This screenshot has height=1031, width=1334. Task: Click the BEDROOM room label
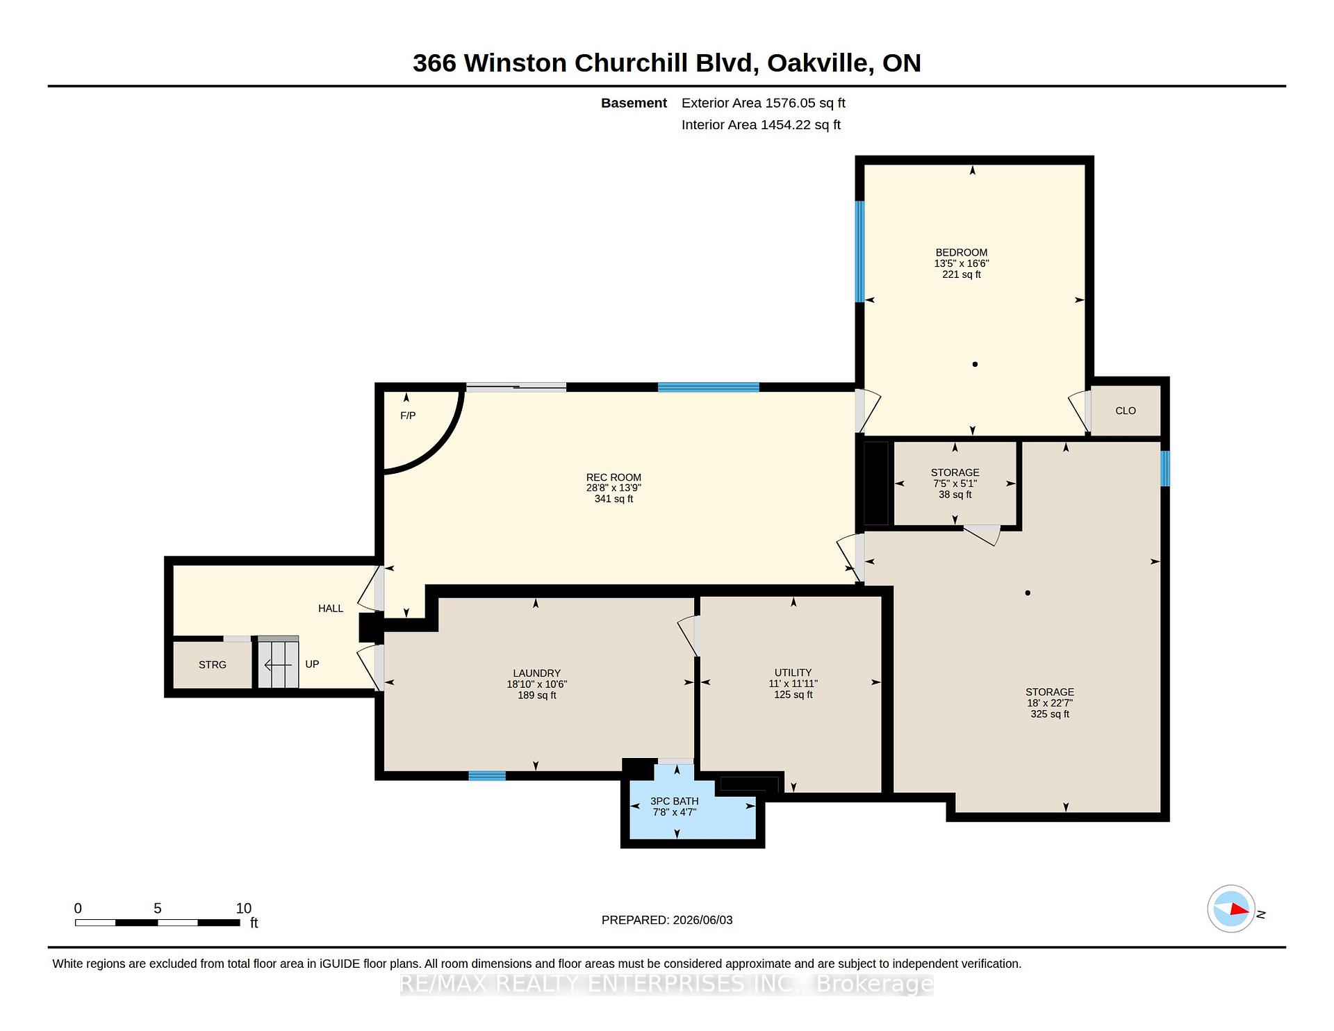click(961, 253)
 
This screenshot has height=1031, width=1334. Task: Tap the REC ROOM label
click(614, 477)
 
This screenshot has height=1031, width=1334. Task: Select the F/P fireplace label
click(408, 415)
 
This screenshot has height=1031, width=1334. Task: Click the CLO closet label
click(1126, 411)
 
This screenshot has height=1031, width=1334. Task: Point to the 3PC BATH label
click(675, 801)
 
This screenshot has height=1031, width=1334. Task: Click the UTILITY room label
click(793, 673)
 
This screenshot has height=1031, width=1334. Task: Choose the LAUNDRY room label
click(536, 673)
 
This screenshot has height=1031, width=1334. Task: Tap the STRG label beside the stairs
click(213, 665)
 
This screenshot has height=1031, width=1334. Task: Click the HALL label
click(331, 609)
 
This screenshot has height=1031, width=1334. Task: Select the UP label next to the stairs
click(312, 664)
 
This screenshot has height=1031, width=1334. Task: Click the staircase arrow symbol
click(278, 666)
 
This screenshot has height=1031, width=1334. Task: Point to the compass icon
click(1231, 909)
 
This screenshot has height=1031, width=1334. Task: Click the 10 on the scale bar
click(243, 908)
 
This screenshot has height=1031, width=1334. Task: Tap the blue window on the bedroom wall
click(859, 251)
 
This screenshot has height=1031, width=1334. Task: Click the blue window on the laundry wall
click(487, 776)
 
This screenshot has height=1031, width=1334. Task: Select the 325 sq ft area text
click(1050, 714)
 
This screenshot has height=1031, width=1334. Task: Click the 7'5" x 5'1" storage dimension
click(955, 484)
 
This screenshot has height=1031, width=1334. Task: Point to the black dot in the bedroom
click(975, 364)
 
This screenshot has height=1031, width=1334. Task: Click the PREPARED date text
click(667, 920)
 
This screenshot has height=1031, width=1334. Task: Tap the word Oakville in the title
click(820, 63)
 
